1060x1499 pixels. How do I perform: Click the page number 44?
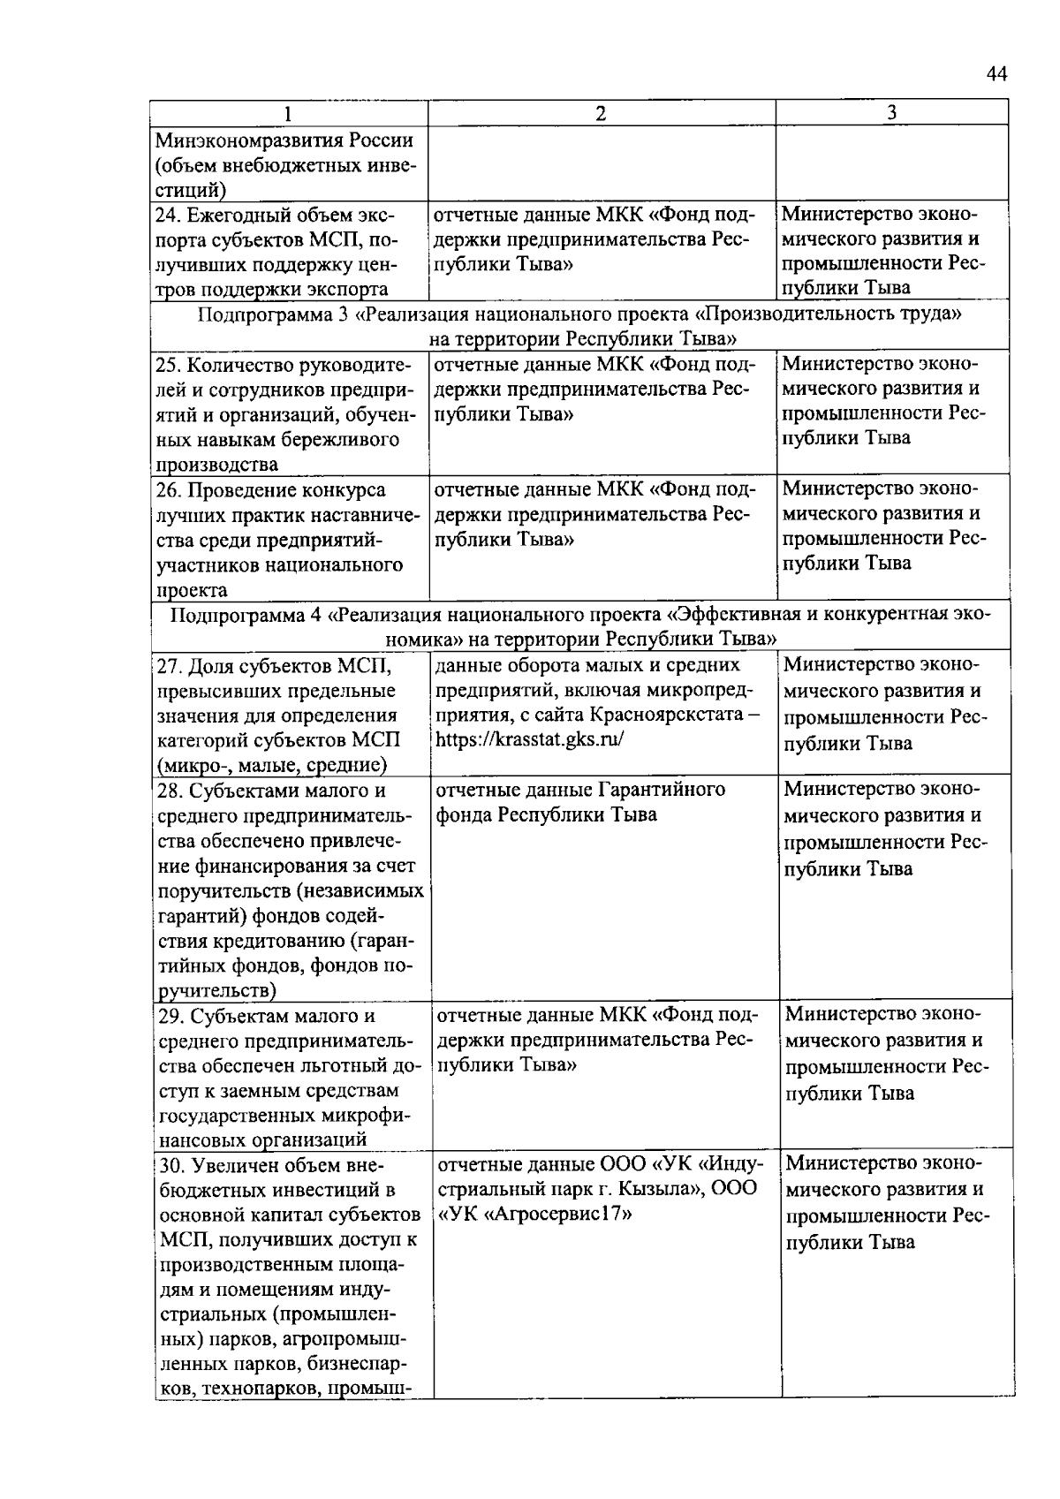[996, 75]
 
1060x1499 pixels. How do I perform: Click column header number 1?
[287, 113]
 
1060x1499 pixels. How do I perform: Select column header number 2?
[601, 113]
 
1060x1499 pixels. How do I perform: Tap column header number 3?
[891, 113]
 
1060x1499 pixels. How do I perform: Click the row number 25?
[168, 365]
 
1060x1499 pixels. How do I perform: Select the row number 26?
[168, 490]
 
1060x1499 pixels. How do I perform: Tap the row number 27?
[170, 666]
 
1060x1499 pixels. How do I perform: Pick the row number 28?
[170, 791]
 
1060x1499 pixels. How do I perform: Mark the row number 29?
[172, 1017]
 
